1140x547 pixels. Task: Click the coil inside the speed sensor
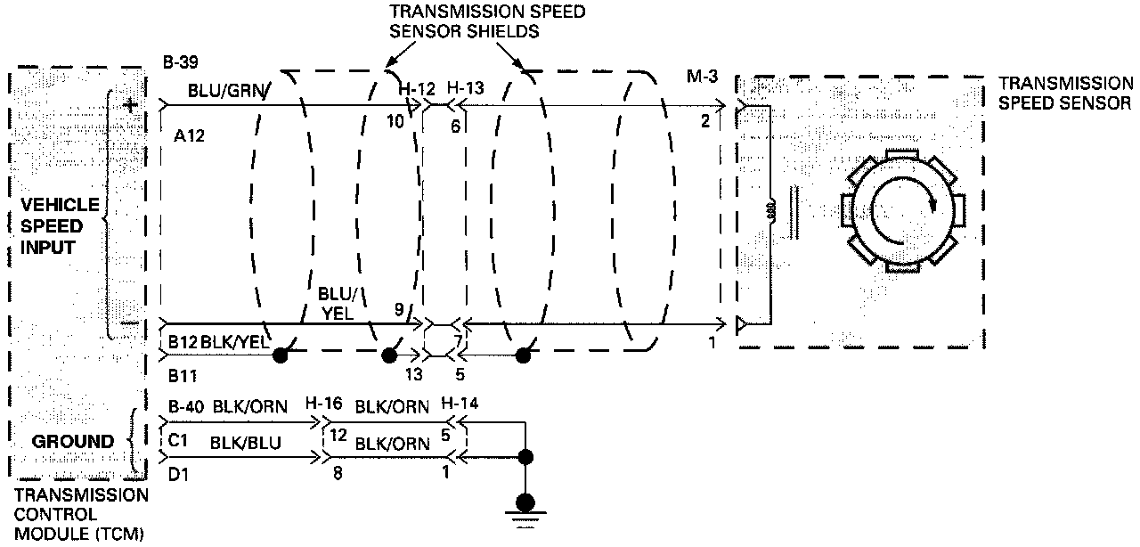pos(771,213)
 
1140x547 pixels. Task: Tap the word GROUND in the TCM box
pos(73,441)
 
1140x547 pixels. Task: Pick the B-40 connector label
pos(184,407)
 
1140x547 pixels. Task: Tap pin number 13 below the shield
pos(413,374)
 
